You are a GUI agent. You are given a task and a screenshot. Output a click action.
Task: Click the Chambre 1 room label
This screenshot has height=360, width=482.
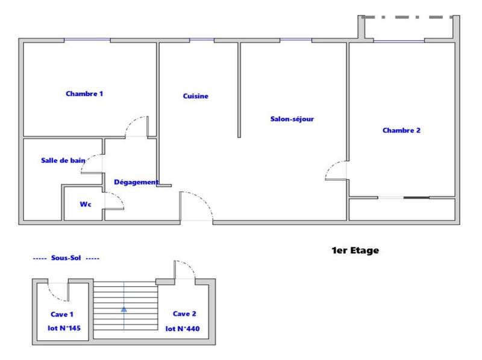(84, 93)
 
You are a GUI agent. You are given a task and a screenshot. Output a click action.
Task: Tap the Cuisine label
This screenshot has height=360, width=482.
(196, 96)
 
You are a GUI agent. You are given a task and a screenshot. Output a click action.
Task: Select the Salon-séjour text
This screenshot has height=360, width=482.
(292, 119)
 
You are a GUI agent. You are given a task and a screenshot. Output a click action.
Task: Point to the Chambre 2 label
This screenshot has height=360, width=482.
(401, 130)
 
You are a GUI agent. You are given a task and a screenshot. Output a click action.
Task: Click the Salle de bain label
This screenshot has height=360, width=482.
(63, 160)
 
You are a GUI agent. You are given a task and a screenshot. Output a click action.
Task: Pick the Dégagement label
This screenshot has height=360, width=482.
(136, 182)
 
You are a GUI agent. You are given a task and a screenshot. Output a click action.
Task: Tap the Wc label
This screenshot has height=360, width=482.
(86, 204)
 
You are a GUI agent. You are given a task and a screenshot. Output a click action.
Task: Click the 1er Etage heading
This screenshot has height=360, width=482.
(355, 250)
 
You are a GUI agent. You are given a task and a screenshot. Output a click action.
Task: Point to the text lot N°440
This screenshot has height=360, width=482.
(183, 329)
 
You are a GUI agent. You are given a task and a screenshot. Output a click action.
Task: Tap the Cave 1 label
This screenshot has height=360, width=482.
(62, 314)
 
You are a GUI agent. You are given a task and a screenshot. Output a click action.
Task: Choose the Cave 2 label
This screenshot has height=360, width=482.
(184, 314)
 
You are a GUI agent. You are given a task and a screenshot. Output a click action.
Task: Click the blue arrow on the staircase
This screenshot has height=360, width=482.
(124, 308)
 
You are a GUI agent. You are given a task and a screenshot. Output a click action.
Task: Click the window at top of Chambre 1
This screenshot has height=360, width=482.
(87, 40)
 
